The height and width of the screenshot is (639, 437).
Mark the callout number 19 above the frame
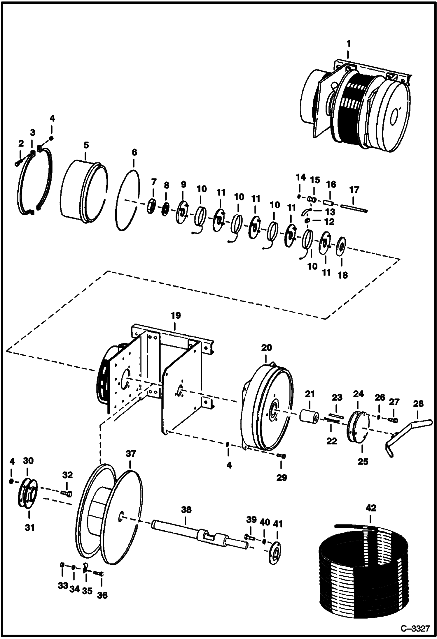[176, 315]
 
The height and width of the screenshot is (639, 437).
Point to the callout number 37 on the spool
[131, 454]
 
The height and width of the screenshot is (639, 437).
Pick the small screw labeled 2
[18, 163]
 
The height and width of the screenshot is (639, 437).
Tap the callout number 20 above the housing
[266, 347]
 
